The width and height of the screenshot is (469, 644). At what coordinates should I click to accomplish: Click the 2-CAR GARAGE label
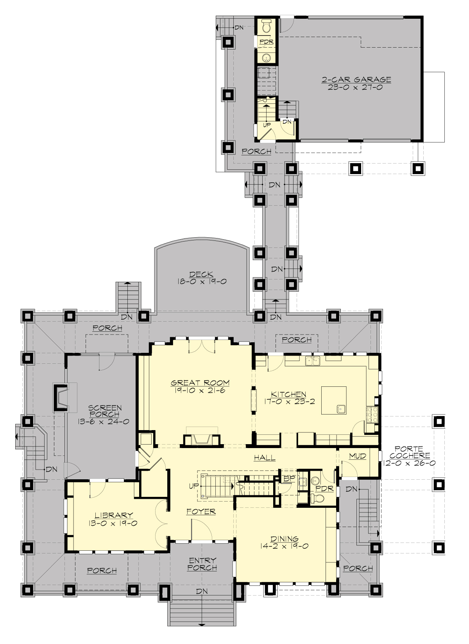[x=356, y=80]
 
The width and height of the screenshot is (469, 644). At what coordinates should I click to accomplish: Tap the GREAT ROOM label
[x=200, y=383]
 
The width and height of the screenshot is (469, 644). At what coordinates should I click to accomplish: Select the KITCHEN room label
[x=289, y=394]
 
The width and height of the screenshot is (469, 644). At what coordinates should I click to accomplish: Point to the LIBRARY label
[x=114, y=515]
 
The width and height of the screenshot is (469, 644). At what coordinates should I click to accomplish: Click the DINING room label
[x=285, y=539]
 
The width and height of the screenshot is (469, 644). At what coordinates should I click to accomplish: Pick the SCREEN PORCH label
[x=105, y=411]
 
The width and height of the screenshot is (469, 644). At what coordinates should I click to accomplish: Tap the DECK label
[x=201, y=274]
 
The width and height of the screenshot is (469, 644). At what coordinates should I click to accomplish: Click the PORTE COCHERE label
[x=410, y=452]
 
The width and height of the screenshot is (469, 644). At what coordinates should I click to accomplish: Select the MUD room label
[x=357, y=456]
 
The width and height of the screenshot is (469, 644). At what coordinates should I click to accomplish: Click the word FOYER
[x=201, y=511]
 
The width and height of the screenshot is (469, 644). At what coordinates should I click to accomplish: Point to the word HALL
[x=265, y=457]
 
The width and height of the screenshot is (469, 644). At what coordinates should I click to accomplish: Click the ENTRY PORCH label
[x=202, y=564]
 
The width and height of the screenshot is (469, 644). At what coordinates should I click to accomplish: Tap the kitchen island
[x=333, y=400]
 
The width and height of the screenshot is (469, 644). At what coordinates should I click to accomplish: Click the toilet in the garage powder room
[x=267, y=26]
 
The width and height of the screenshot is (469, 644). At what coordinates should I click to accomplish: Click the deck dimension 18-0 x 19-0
[x=202, y=281]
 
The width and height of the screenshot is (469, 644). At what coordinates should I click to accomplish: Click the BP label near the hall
[x=289, y=478]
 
